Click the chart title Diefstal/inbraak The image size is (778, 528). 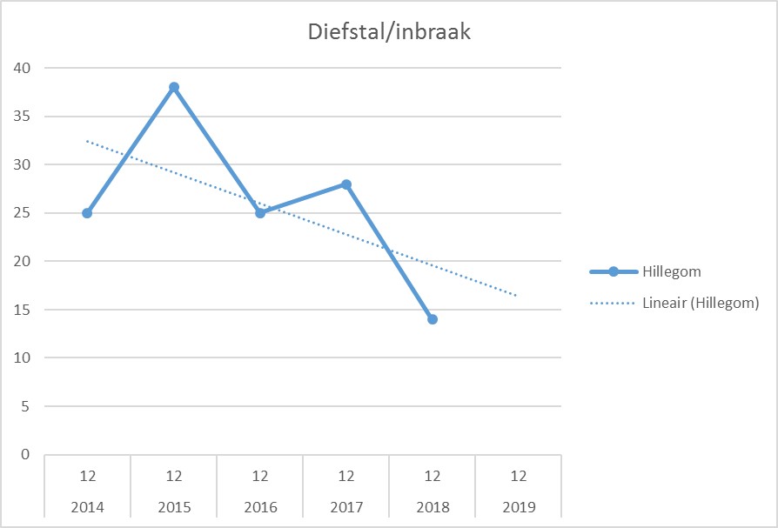click(389, 32)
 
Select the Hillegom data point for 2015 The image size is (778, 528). click(174, 87)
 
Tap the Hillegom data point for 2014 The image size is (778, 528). click(87, 213)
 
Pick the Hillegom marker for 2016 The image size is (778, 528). click(260, 213)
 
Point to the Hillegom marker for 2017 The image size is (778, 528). click(346, 184)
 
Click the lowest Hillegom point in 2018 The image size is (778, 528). click(433, 319)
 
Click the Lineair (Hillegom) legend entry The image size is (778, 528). click(700, 303)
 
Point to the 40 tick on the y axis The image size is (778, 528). click(22, 68)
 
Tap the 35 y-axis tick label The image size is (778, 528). click(22, 117)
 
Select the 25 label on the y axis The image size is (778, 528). click(22, 213)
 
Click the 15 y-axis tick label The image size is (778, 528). click(22, 310)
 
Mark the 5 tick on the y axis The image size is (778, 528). click(25, 406)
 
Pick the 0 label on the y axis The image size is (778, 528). click(25, 454)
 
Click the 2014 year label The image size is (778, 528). click(87, 506)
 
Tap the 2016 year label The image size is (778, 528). click(260, 506)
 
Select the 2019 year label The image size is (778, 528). click(519, 506)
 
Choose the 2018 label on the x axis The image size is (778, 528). click(433, 506)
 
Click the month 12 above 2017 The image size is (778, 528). click(346, 476)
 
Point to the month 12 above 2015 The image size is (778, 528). click(174, 476)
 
